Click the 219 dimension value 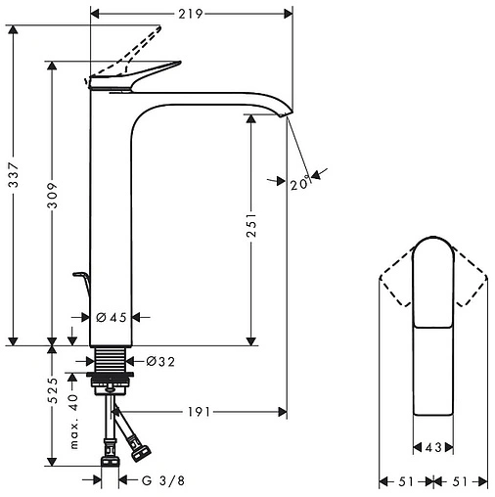[190, 15]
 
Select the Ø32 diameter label [161, 361]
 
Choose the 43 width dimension [431, 448]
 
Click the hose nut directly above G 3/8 [112, 454]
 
